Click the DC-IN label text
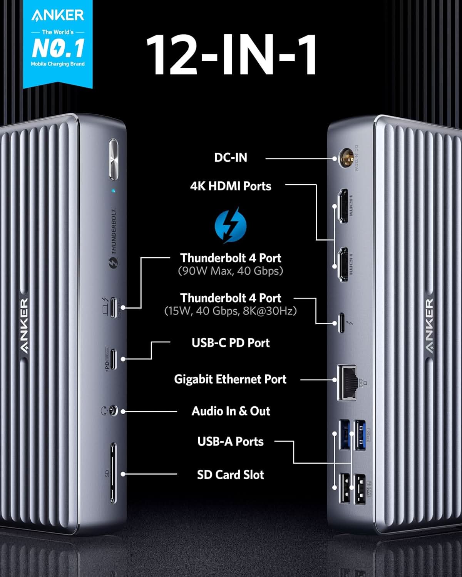click(231, 158)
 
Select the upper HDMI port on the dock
click(342, 207)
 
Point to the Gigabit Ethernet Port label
click(230, 379)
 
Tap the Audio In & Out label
click(231, 411)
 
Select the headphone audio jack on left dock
click(112, 411)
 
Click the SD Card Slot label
click(230, 475)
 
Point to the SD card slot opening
click(113, 473)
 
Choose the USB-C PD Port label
click(231, 343)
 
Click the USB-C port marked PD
click(113, 359)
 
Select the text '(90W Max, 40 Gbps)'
click(230, 271)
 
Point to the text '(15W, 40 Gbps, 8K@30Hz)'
click(230, 311)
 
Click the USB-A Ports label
click(230, 442)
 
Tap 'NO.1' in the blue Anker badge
click(58, 48)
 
